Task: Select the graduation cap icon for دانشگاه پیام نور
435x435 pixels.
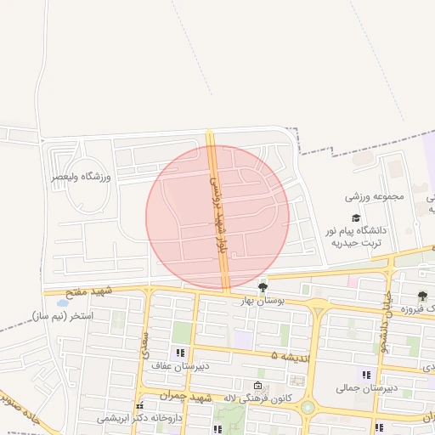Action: pyautogui.click(x=356, y=218)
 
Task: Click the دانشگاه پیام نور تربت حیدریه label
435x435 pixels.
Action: pyautogui.click(x=355, y=235)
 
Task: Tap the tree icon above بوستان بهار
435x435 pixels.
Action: pyautogui.click(x=263, y=285)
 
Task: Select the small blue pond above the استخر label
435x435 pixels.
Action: pyautogui.click(x=61, y=302)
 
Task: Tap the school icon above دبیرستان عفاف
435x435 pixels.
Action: pyautogui.click(x=178, y=353)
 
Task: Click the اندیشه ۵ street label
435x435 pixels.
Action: pyautogui.click(x=286, y=354)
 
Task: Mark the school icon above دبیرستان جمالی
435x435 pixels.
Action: pyautogui.click(x=366, y=375)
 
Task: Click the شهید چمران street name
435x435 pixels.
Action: pyautogui.click(x=189, y=397)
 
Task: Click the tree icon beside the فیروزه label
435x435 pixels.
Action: pyautogui.click(x=423, y=296)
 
